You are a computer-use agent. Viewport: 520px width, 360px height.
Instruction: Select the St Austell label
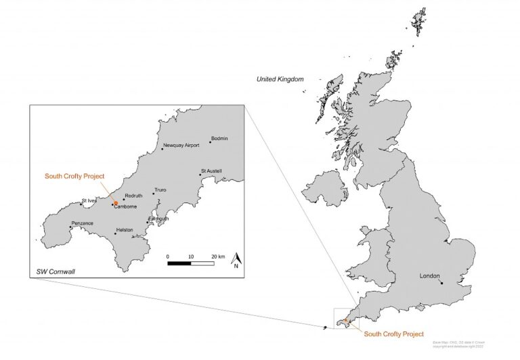212,171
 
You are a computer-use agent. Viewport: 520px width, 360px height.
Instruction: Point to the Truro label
160,191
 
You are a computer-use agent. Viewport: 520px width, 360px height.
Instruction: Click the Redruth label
133,196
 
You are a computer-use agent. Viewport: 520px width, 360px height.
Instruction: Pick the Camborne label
125,206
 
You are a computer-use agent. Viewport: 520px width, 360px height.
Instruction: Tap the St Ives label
89,200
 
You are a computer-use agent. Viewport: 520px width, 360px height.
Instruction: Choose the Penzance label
81,223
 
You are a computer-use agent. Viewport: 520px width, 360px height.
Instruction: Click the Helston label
125,229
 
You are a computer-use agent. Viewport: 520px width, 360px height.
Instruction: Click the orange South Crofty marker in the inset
116,202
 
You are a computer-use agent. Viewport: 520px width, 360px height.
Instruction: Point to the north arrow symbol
237,260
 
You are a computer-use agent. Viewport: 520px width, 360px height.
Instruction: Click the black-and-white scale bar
191,263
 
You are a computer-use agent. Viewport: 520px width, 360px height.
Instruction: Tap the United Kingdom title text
280,79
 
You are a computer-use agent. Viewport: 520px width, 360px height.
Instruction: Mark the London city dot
441,283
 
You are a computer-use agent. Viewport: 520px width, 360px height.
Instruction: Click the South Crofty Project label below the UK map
393,334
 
